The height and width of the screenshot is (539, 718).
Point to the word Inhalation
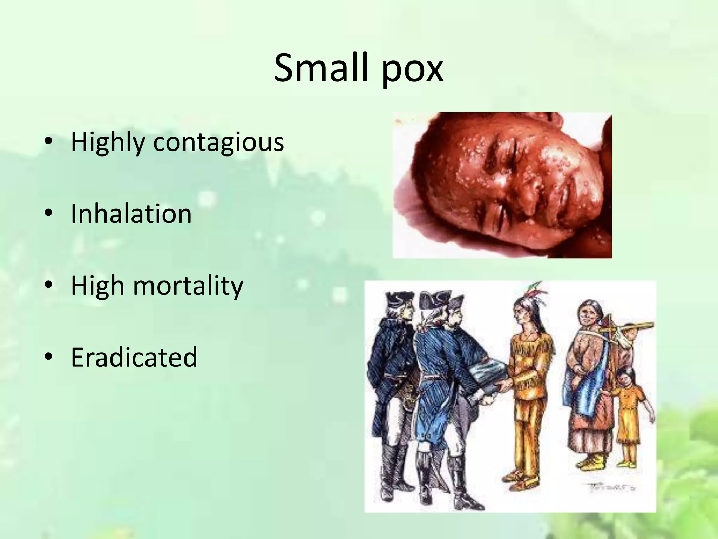pyautogui.click(x=131, y=214)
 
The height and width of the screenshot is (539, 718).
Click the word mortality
pyautogui.click(x=188, y=286)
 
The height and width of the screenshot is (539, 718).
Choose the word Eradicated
pyautogui.click(x=134, y=357)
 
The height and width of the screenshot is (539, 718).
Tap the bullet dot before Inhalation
pyautogui.click(x=49, y=213)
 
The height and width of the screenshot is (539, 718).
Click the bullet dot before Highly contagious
pyautogui.click(x=49, y=141)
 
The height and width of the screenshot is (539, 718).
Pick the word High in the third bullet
pyautogui.click(x=97, y=286)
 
